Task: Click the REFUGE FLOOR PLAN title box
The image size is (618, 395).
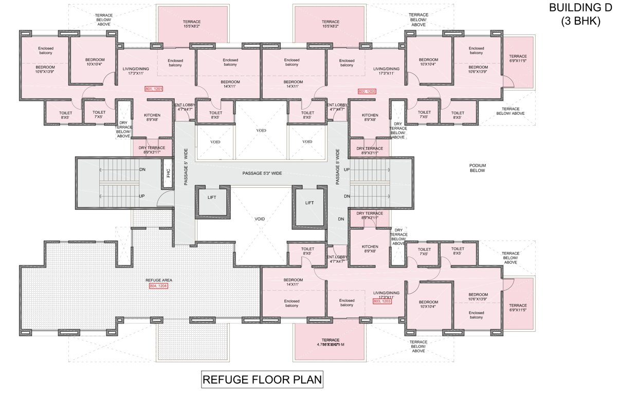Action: click(262, 380)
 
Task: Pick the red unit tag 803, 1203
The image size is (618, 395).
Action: click(382, 302)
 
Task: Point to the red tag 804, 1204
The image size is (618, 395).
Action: click(158, 285)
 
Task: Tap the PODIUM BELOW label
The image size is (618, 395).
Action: click(477, 168)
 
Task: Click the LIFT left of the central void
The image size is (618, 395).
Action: click(212, 197)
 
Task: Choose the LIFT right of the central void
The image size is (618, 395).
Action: click(310, 203)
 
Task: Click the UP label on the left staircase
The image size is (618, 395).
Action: click(141, 196)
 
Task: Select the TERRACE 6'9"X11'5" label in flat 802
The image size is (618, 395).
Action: click(518, 59)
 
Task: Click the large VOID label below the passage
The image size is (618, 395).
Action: click(260, 219)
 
